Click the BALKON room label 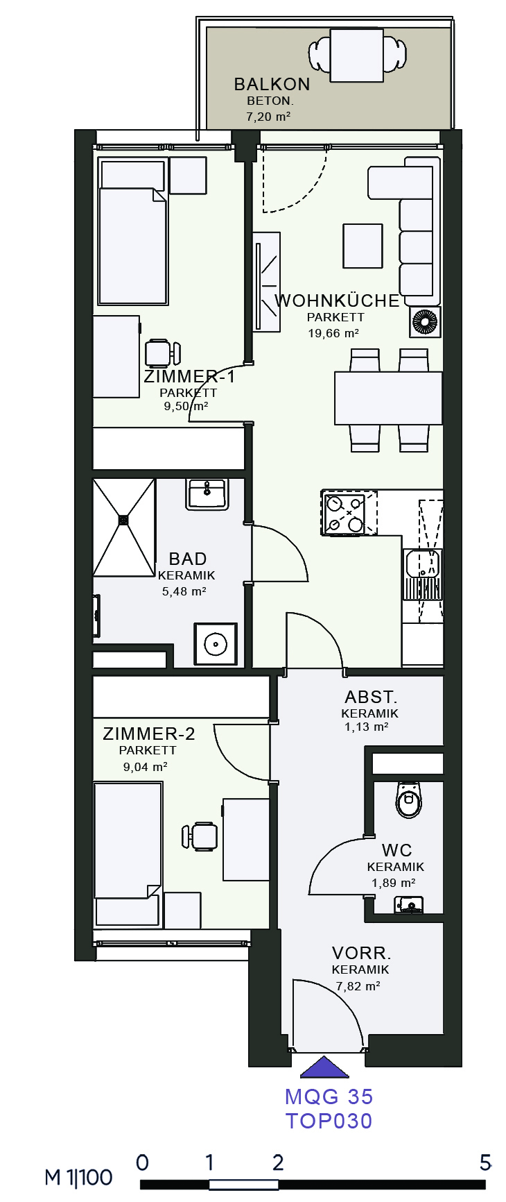[272, 84]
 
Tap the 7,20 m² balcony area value [268, 117]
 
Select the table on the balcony [357, 56]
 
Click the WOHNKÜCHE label [337, 300]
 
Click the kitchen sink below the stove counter [422, 574]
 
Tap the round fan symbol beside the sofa [424, 322]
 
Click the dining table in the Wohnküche [388, 398]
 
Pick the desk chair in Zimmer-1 [162, 353]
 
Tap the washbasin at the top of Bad [207, 494]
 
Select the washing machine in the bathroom [216, 644]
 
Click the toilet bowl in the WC [409, 800]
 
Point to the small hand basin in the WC [409, 904]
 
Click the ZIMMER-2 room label [149, 734]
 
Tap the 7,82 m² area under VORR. [358, 986]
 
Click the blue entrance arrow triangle [324, 1067]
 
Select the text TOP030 [329, 1121]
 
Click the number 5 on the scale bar [485, 1162]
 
